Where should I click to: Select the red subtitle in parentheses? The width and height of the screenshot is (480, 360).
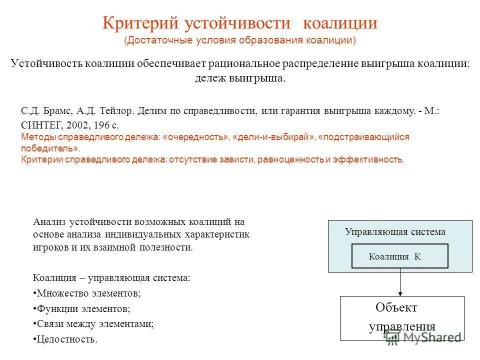(240, 40)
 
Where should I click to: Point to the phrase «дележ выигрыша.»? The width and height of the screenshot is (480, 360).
(240, 78)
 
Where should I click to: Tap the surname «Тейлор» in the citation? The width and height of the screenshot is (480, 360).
(116, 110)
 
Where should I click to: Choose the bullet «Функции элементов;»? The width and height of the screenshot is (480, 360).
(83, 308)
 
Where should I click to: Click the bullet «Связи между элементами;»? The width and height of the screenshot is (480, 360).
(93, 324)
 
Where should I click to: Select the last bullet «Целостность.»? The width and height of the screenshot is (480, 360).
(65, 339)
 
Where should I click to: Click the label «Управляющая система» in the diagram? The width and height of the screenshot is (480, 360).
(394, 231)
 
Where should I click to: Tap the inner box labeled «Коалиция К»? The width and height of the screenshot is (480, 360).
(400, 256)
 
